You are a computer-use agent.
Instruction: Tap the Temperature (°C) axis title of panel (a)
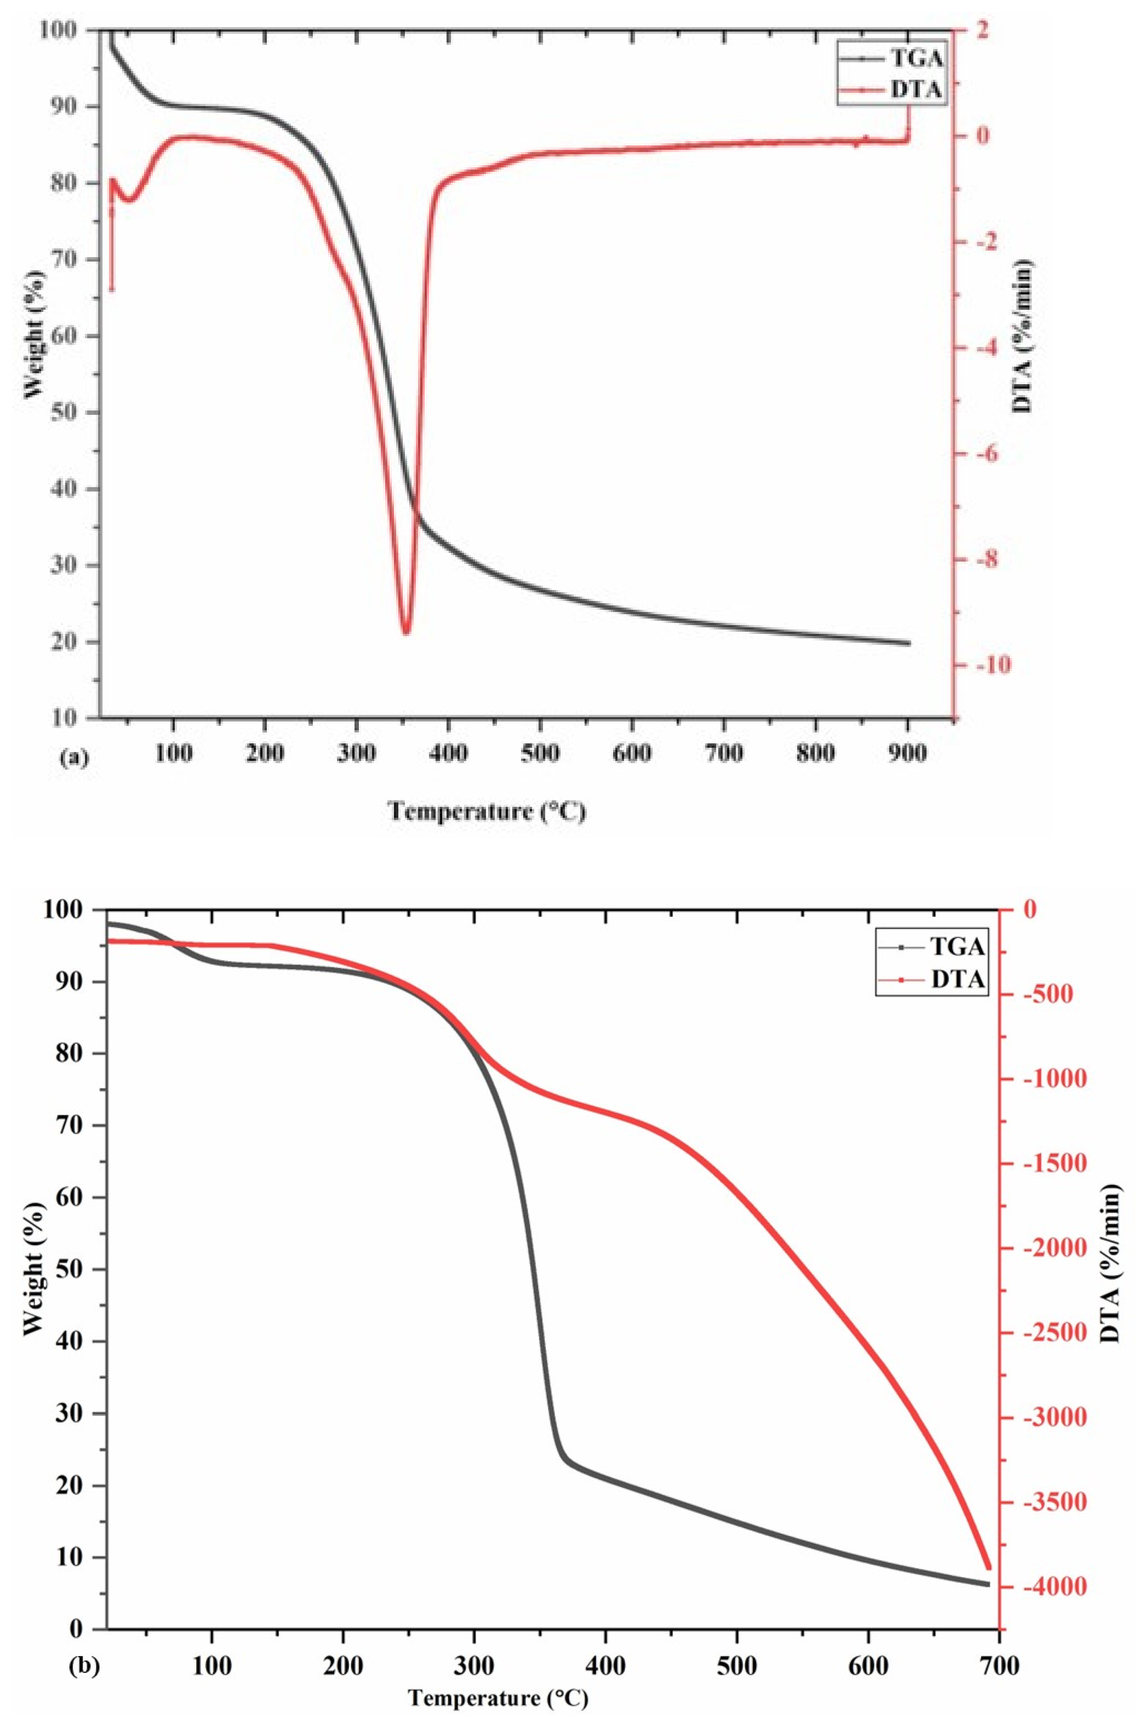click(487, 810)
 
